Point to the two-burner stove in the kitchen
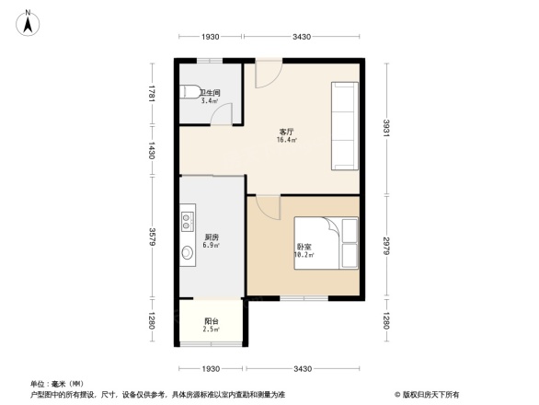coord(188,221)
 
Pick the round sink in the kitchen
coord(189,255)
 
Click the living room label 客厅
coord(286,132)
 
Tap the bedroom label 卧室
coord(304,247)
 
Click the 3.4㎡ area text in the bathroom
coord(210,100)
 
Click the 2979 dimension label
coord(387,245)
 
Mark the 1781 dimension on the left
coord(152,97)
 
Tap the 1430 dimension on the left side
coord(152,149)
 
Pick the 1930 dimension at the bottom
coord(211,368)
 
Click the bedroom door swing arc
coord(266,209)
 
